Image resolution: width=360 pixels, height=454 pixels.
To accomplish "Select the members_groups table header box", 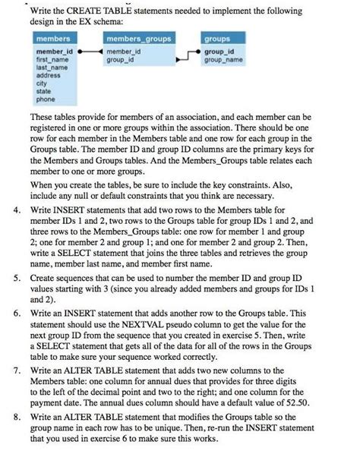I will [138, 38].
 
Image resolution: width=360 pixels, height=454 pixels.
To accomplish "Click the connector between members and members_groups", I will [90, 51].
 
